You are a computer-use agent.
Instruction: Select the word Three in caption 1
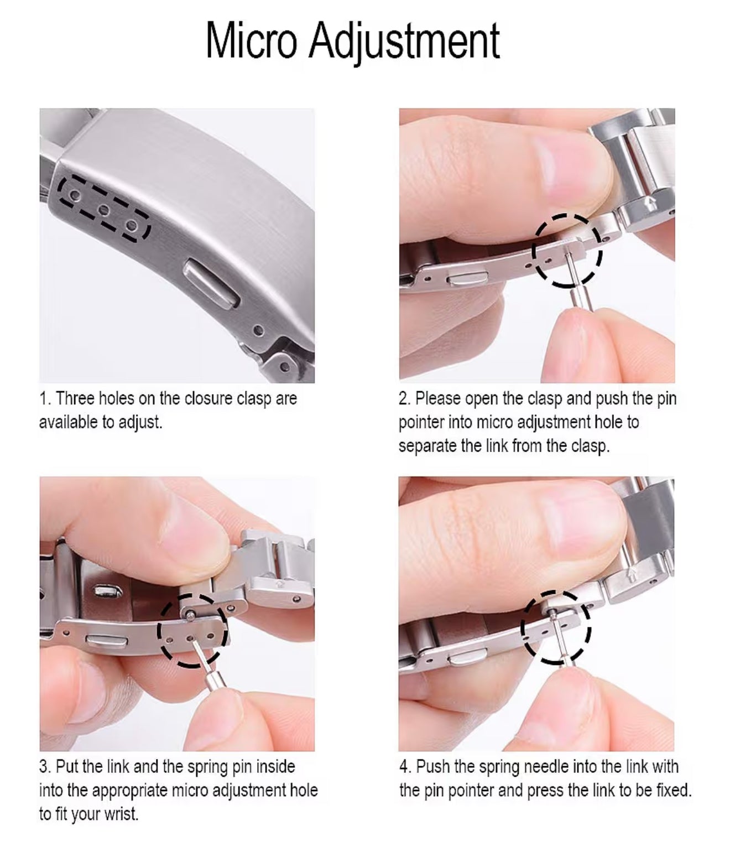click(76, 398)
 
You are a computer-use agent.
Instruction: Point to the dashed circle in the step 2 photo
click(567, 251)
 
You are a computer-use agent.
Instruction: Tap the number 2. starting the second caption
click(405, 398)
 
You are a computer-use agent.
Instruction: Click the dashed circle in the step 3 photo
click(192, 630)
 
